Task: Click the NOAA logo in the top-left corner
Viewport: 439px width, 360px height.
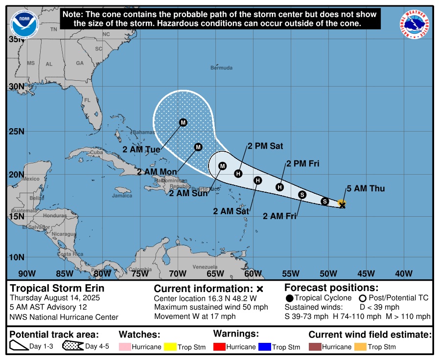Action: coord(23,22)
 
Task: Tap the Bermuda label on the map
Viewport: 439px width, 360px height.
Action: coord(221,67)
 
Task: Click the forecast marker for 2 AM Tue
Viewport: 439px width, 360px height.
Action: coord(183,122)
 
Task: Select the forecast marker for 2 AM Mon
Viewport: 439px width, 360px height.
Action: coord(198,147)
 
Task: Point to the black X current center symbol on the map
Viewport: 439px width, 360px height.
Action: coord(342,206)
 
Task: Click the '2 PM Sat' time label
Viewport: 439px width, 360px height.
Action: coord(265,146)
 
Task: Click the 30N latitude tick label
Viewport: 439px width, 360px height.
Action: coord(17,87)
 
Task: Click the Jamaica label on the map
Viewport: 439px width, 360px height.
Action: coord(122,196)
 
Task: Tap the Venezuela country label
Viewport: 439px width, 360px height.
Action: coord(205,267)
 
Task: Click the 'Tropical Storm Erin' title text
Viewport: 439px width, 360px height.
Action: coord(57,288)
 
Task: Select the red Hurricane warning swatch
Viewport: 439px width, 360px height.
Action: coord(220,347)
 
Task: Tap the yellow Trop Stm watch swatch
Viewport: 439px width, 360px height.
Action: coord(169,347)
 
